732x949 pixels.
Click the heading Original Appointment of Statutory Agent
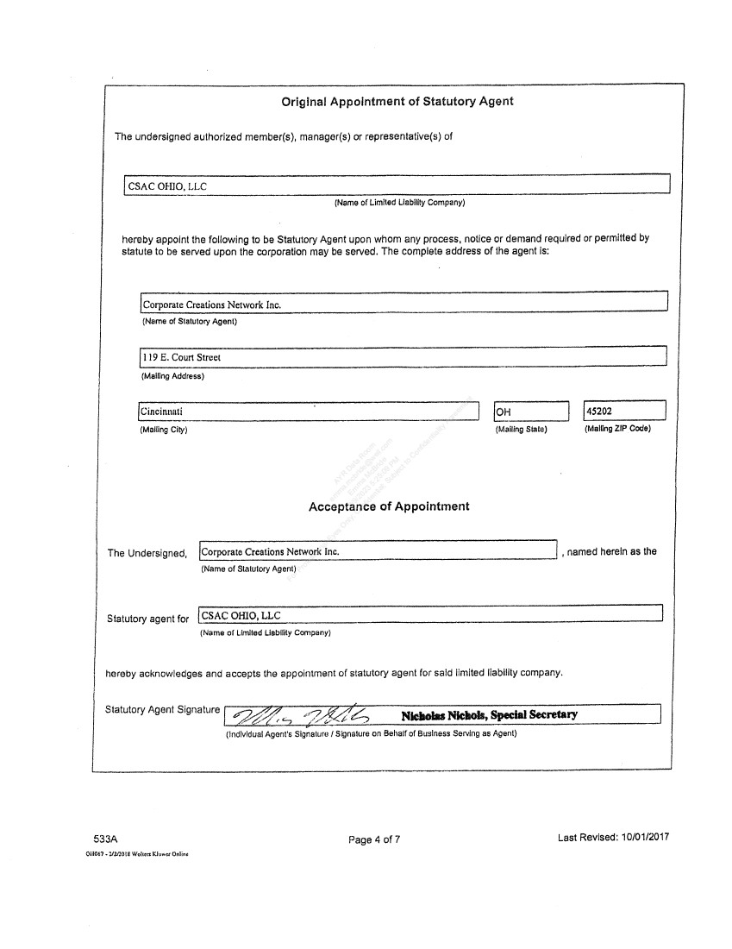pyautogui.click(x=397, y=102)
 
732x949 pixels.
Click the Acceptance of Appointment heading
pyautogui.click(x=389, y=506)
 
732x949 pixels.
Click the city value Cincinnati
pyautogui.click(x=161, y=412)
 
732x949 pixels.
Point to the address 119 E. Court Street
pyautogui.click(x=182, y=357)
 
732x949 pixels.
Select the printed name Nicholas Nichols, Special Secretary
pyautogui.click(x=489, y=714)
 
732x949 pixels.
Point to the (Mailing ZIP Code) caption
pyautogui.click(x=617, y=429)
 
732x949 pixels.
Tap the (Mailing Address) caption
pyautogui.click(x=172, y=376)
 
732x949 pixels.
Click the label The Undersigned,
pyautogui.click(x=147, y=553)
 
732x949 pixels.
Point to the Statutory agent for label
pyautogui.click(x=147, y=619)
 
